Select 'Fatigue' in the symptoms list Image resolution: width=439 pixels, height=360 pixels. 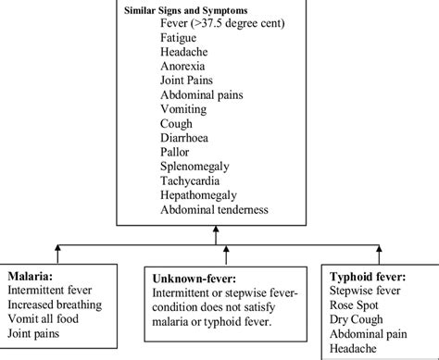point(179,38)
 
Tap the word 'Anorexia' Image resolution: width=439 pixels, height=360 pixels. point(182,67)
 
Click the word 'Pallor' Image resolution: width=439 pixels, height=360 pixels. point(175,153)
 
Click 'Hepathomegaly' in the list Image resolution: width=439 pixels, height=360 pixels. point(198,195)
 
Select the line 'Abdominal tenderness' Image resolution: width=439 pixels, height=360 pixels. point(214,210)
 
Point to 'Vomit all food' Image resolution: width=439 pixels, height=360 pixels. point(45,317)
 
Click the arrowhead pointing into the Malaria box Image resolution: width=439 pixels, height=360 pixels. point(56,248)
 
